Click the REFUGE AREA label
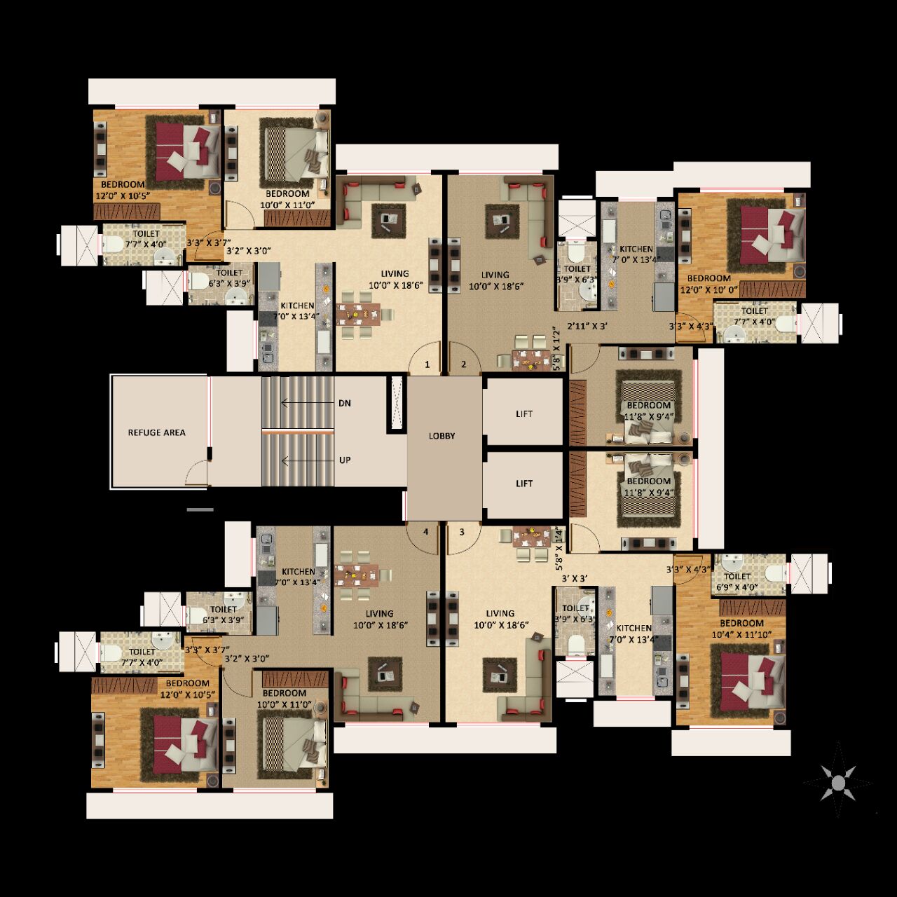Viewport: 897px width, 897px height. (x=156, y=432)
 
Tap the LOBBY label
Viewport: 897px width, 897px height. (x=442, y=436)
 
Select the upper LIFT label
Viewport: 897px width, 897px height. (x=524, y=414)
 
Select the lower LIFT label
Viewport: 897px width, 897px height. (x=524, y=484)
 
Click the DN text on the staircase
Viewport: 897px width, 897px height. (x=345, y=404)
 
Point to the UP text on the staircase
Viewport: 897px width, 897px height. (x=345, y=460)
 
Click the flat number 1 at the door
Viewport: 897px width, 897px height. (x=427, y=364)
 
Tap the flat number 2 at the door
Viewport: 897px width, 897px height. (x=463, y=364)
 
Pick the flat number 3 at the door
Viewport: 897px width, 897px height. (x=462, y=532)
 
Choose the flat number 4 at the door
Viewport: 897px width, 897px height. (x=425, y=532)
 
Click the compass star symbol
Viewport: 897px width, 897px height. (x=838, y=781)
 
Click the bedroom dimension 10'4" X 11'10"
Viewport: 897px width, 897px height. (x=741, y=635)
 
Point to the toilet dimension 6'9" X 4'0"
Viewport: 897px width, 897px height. (x=737, y=588)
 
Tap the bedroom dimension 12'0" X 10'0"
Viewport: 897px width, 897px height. (x=709, y=289)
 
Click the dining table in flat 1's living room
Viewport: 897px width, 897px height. (x=357, y=313)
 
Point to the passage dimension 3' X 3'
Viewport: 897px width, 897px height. (x=575, y=578)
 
